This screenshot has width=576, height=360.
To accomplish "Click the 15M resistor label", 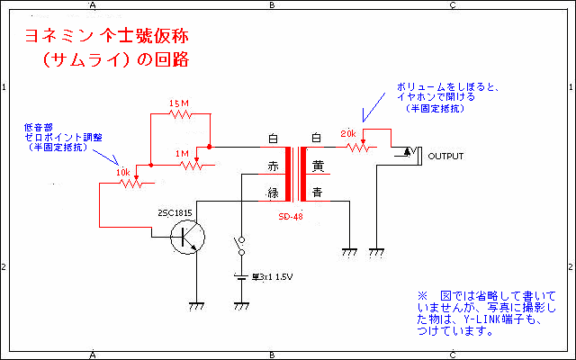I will point(180,104).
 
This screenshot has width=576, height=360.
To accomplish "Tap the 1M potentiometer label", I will point(184,154).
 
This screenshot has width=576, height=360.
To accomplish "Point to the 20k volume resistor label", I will point(348,134).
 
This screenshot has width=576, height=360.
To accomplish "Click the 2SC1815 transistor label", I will point(174,213).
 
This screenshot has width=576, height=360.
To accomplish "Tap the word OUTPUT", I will point(445,156).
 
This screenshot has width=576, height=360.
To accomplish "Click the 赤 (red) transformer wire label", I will point(274,166).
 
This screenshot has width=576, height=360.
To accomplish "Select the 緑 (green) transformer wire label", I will point(274,192).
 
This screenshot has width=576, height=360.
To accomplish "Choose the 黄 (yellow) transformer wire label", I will point(317,166).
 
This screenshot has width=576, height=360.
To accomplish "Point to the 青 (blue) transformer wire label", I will point(317,192).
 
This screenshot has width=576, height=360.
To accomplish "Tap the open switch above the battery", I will point(241,246).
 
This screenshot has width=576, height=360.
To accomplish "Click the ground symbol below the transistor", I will point(193,306).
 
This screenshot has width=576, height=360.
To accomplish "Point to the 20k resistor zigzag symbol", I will point(356,147).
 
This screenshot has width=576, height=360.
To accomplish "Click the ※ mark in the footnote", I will point(421,295).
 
